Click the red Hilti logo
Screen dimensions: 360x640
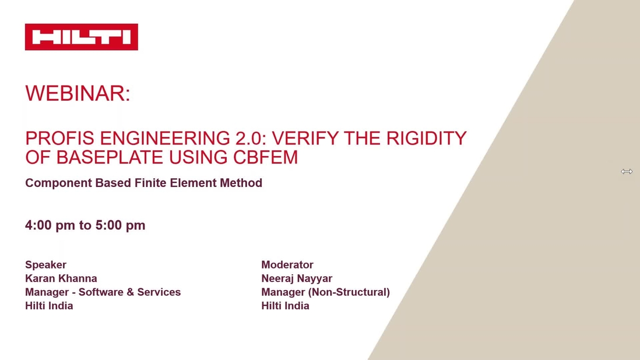(82, 37)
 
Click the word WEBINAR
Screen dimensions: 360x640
(76, 94)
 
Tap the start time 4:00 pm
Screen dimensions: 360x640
(50, 225)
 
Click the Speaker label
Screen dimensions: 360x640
(45, 265)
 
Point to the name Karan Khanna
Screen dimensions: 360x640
(61, 278)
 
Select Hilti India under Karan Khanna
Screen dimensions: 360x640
(49, 306)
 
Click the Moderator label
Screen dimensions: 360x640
(287, 265)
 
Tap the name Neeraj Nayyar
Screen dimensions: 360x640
(297, 278)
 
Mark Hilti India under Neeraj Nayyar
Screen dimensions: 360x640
(285, 306)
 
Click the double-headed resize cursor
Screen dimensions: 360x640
(627, 171)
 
